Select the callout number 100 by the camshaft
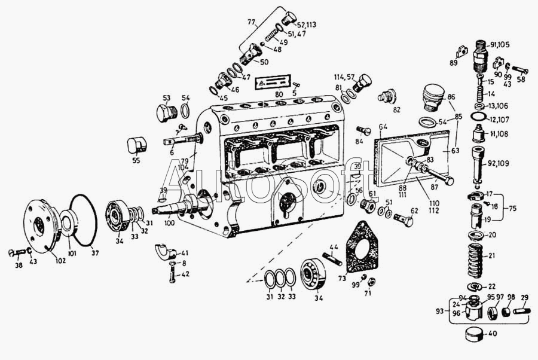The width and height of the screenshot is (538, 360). click(x=169, y=223)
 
